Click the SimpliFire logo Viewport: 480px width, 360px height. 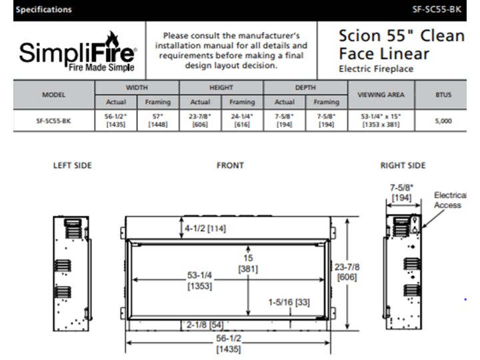click(x=78, y=51)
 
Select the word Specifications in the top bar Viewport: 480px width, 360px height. click(x=43, y=9)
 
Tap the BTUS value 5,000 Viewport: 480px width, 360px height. click(x=443, y=121)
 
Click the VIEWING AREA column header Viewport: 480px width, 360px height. click(x=381, y=95)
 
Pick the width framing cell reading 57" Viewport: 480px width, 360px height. click(x=157, y=121)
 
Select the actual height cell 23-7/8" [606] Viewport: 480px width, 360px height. click(x=200, y=121)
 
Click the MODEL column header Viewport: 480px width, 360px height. click(x=53, y=95)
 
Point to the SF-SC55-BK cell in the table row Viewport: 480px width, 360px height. click(x=53, y=121)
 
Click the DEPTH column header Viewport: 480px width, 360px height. click(x=305, y=87)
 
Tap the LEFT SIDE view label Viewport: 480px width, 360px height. click(x=72, y=165)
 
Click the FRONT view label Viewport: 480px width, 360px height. click(x=230, y=165)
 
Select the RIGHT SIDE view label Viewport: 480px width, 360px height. click(x=403, y=165)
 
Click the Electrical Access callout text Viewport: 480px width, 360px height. click(x=449, y=200)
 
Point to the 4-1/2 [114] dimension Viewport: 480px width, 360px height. click(x=205, y=228)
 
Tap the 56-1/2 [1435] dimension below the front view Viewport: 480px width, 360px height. click(x=227, y=344)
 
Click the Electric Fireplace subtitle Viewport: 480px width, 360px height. click(x=376, y=69)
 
